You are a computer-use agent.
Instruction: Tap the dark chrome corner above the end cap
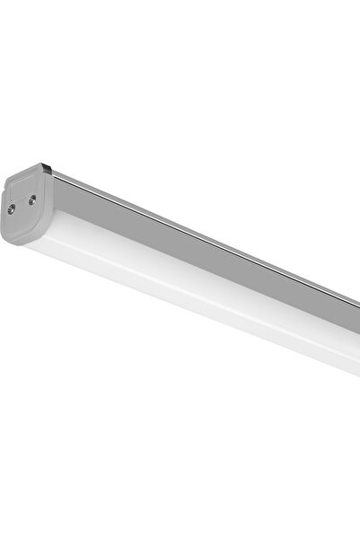(47, 168)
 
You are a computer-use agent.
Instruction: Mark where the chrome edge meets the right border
(356, 300)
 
